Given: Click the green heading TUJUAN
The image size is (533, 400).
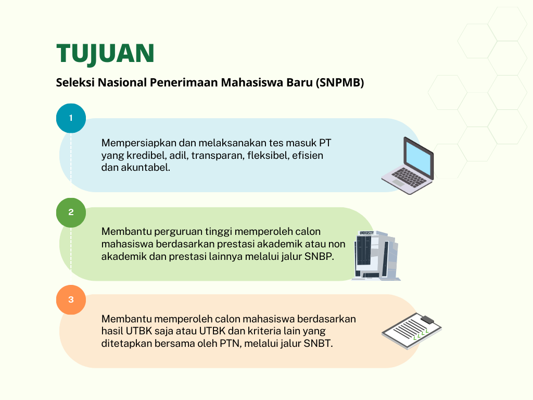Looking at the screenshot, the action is point(105,54).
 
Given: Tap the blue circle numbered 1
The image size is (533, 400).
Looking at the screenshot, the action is point(71,118).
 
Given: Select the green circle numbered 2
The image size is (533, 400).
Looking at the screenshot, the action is point(71,213).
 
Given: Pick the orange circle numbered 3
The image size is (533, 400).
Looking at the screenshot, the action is point(71,299).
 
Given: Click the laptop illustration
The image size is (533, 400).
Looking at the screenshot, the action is point(408,166).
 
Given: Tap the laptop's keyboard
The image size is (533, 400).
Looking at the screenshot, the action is point(409,178).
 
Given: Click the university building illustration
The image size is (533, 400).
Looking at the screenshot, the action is point(376,255).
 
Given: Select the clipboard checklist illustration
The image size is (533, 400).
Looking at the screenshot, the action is point(412,331).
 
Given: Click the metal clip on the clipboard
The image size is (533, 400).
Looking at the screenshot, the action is point(427,319).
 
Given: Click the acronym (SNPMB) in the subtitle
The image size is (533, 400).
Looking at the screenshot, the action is point(340,83).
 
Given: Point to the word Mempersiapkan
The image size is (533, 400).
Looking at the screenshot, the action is point(138,143).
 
